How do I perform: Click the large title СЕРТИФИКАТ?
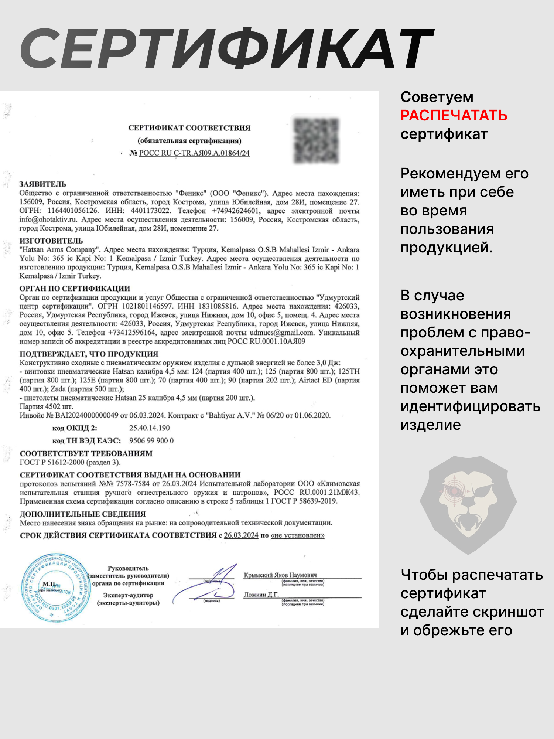(x=227, y=49)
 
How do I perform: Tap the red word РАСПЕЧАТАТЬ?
(x=454, y=116)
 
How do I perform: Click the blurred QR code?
(x=316, y=140)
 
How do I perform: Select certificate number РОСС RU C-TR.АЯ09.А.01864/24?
(x=194, y=153)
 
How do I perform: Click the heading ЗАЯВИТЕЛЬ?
(x=43, y=184)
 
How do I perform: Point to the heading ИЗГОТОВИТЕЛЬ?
(x=51, y=241)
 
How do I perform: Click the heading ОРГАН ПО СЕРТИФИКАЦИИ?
(x=75, y=288)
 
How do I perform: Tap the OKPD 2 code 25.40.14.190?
(x=149, y=428)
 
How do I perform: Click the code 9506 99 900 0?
(x=151, y=440)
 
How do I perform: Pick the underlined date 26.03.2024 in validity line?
(x=241, y=535)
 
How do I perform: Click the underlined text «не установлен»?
(x=297, y=535)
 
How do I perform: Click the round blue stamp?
(x=56, y=588)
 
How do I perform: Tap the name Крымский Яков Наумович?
(x=280, y=575)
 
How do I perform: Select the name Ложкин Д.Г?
(x=261, y=595)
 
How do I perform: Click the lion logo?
(x=468, y=505)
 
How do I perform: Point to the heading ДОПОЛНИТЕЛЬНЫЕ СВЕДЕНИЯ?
(x=83, y=514)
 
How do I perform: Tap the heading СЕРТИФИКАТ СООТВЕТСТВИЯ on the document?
(x=189, y=128)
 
